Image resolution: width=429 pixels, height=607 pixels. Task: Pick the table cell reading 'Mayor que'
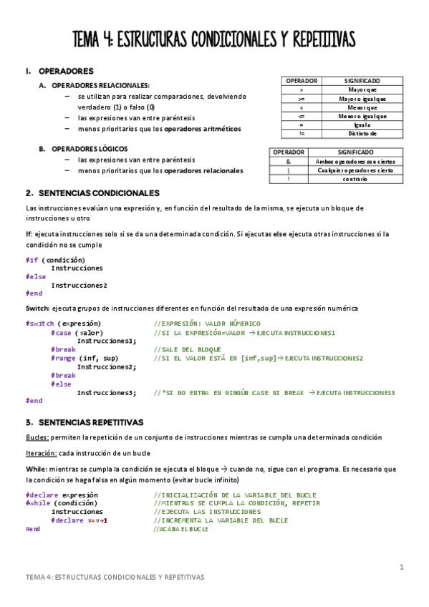[x=362, y=90]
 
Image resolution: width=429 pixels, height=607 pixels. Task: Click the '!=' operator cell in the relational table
[x=302, y=133]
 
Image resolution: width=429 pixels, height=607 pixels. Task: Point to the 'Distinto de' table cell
[x=362, y=133]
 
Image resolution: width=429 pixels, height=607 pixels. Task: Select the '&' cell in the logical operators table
[x=287, y=161]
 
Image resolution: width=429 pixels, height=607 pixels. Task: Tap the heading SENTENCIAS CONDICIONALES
[x=99, y=193]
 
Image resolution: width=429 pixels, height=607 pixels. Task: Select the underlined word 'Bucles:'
[x=37, y=437]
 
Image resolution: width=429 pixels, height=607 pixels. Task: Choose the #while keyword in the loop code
[x=37, y=503]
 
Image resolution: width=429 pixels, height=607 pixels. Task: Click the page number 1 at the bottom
[x=401, y=568]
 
